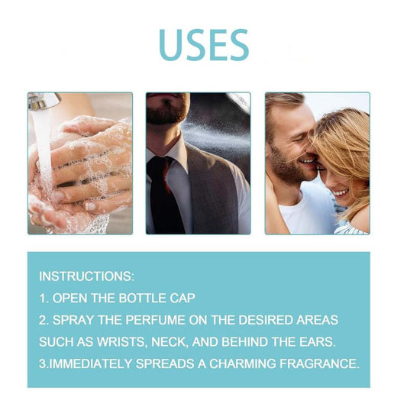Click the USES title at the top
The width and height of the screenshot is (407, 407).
(204, 44)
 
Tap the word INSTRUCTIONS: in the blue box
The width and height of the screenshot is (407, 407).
(87, 276)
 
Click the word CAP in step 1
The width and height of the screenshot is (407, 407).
(183, 298)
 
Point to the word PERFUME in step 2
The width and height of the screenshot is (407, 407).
(155, 320)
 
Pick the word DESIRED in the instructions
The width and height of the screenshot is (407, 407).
(265, 320)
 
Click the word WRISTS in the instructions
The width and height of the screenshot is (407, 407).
(121, 342)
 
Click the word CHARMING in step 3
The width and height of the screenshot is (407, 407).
(242, 363)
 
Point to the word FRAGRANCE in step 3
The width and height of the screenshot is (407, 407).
(319, 363)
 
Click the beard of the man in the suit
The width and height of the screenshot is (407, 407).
(167, 109)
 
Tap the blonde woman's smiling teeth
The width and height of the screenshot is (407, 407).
(341, 193)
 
